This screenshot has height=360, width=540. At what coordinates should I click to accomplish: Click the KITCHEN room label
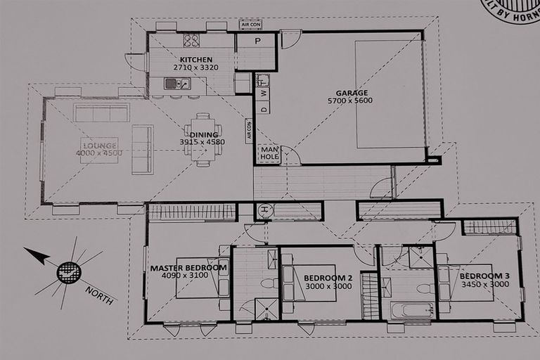point(191,59)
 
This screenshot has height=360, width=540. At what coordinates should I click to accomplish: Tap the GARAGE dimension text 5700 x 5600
point(349,101)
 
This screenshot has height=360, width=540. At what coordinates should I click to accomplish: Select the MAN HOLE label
point(269,153)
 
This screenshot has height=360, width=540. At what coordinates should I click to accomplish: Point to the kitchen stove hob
point(191,41)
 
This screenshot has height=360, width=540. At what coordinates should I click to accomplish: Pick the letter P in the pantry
point(257,41)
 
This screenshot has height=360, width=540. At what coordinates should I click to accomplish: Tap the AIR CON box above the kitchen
point(250,25)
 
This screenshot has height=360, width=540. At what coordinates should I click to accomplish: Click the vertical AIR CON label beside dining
point(248,131)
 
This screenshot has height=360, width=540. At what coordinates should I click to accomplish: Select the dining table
point(202,140)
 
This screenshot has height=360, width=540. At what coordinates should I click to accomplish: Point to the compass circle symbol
point(68,271)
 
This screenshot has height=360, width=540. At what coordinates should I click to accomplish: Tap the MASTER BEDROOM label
point(188,268)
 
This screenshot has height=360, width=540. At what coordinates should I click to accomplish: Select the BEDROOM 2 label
point(328,278)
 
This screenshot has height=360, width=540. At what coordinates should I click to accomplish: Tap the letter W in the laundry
point(263,94)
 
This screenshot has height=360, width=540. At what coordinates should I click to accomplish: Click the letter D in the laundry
point(263,108)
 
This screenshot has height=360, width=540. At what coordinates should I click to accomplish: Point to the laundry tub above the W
point(262,79)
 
